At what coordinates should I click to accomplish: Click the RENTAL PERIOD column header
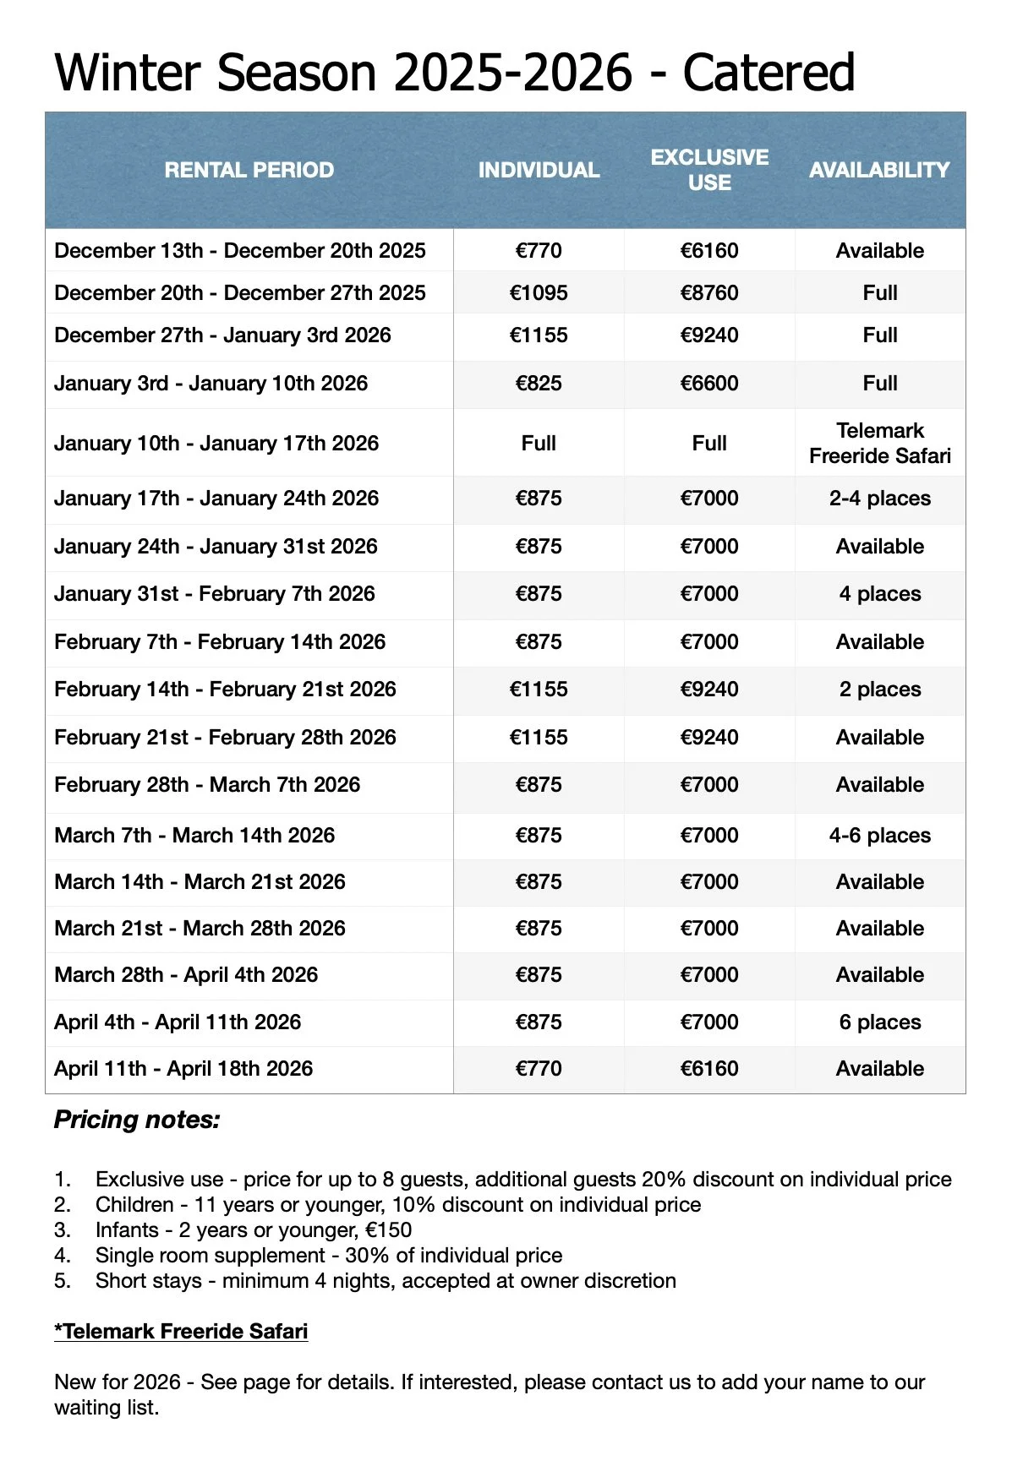point(249,170)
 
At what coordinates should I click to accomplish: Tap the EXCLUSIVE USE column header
point(709,170)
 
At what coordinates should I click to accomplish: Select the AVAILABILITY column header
point(879,170)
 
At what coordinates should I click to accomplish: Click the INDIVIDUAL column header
point(539,170)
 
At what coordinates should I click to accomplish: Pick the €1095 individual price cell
point(539,293)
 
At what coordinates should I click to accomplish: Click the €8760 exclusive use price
point(709,293)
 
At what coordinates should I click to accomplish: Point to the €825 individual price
point(539,384)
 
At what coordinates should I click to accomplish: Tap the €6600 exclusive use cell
point(709,384)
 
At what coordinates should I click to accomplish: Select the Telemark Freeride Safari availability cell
point(879,444)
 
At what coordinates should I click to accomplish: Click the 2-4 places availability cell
point(879,499)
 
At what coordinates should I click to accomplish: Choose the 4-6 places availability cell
point(879,836)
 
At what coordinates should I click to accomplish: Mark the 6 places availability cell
point(879,1022)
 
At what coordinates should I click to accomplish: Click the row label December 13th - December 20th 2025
point(240,251)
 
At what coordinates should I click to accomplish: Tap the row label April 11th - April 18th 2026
point(183,1069)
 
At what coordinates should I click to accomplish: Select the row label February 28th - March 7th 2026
point(207,785)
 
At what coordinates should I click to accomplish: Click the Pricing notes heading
point(137,1120)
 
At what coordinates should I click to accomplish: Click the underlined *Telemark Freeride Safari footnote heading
point(181,1332)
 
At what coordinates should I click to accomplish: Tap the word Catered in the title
point(769,73)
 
